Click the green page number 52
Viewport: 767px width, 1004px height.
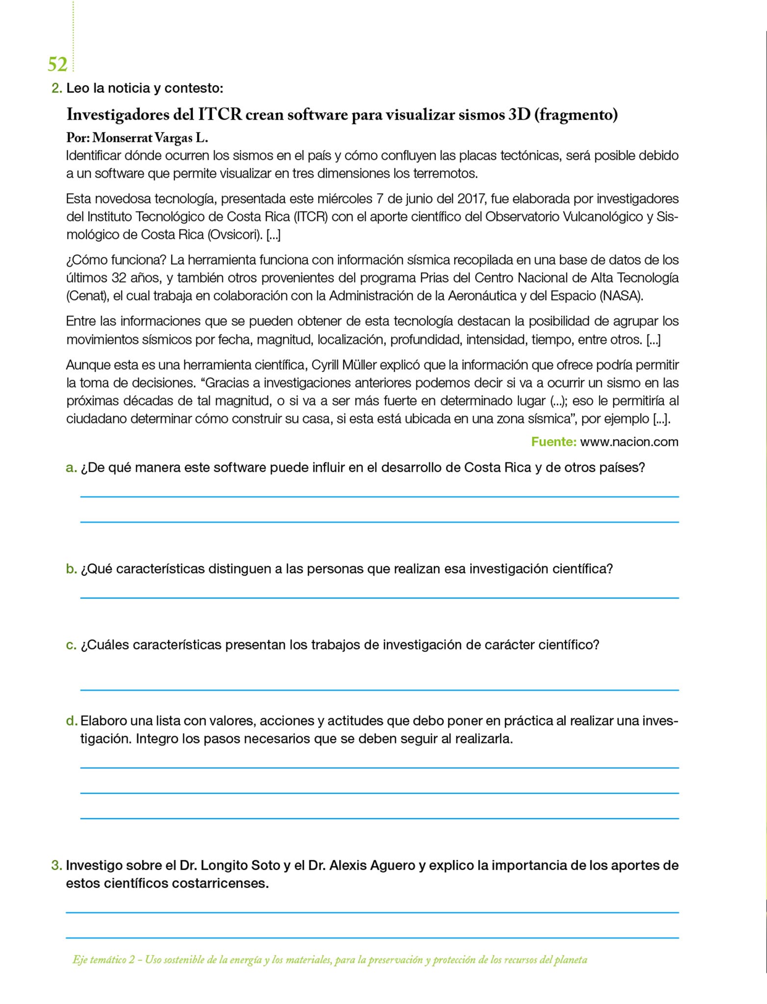(x=57, y=64)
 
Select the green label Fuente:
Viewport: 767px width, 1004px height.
(x=554, y=442)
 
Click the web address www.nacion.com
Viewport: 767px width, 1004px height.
(x=629, y=442)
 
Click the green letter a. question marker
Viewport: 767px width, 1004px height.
(x=71, y=468)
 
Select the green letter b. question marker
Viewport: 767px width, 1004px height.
(x=71, y=569)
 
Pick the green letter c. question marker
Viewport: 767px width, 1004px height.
(x=71, y=645)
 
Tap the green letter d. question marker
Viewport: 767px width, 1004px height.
(x=72, y=721)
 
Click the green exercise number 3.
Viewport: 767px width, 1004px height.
(x=56, y=865)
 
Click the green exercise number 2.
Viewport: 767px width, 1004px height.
(x=56, y=89)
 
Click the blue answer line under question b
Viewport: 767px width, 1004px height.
(x=379, y=598)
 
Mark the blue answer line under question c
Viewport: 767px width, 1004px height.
(x=379, y=690)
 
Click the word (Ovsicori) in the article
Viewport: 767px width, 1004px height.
(x=234, y=235)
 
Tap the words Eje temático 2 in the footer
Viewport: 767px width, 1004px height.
(x=103, y=960)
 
